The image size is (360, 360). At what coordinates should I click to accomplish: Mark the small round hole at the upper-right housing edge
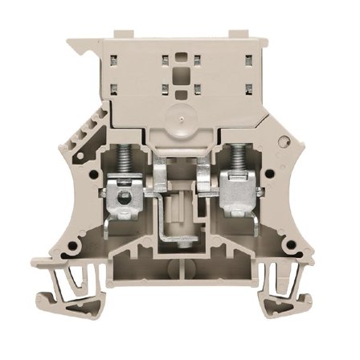281,141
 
